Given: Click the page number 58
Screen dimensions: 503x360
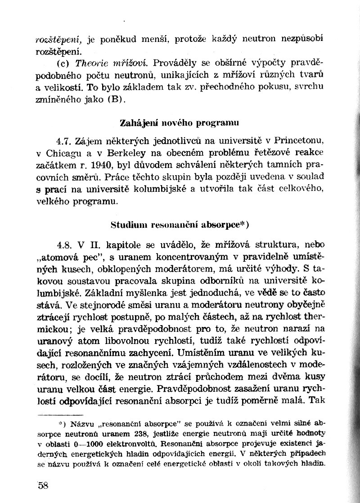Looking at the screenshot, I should click(x=44, y=485).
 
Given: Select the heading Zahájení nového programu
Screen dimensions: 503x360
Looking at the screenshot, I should click(x=180, y=122).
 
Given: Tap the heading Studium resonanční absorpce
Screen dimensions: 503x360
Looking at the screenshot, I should click(x=180, y=224).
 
